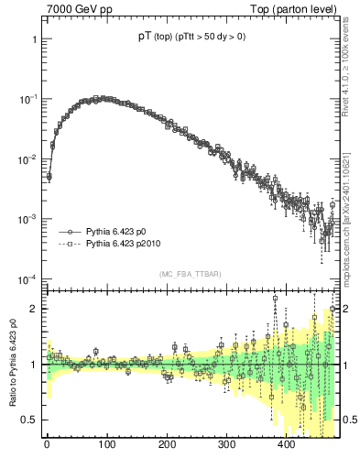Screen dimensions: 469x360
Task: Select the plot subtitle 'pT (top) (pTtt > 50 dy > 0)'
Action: [191, 38]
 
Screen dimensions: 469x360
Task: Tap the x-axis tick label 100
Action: [106, 446]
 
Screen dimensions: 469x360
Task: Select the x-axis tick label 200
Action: [167, 446]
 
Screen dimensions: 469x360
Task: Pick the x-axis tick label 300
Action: [226, 446]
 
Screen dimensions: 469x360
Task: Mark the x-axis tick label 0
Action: [47, 446]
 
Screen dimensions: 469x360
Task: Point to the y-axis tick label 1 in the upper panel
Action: [33, 40]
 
